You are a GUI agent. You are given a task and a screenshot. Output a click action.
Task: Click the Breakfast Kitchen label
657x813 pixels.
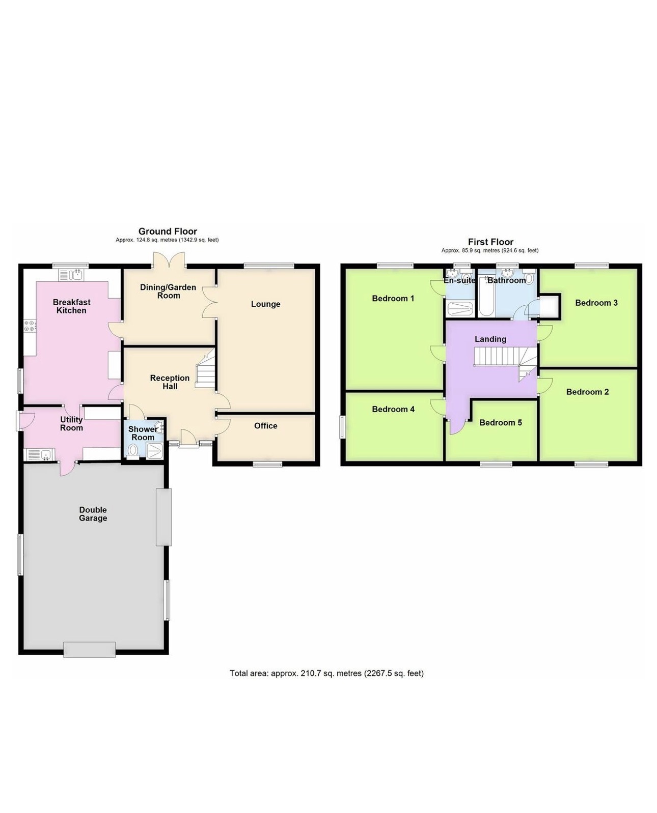(x=71, y=306)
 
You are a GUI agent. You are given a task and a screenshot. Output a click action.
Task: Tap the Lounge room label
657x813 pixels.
(x=265, y=304)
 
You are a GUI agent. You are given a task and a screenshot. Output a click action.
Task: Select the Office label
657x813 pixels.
(x=265, y=426)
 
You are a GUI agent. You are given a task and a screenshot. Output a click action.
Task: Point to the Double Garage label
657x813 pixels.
(x=93, y=514)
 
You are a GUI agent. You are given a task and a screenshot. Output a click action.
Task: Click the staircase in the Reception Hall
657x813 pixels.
(x=206, y=371)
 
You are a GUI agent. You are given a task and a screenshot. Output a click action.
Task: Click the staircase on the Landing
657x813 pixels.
(x=497, y=357)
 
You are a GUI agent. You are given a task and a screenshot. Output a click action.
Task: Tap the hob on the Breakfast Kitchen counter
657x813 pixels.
(x=29, y=326)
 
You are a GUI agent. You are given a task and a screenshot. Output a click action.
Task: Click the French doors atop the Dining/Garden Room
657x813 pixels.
(x=170, y=260)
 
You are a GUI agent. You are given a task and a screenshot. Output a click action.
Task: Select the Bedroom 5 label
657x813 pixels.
(x=500, y=422)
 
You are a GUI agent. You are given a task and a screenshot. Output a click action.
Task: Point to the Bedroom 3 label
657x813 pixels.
(x=596, y=303)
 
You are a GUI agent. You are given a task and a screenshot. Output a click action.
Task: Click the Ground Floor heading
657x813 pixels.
(x=168, y=231)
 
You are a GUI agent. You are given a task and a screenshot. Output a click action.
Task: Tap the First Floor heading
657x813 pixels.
(x=490, y=242)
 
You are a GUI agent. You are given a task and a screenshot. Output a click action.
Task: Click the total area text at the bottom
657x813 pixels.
(x=326, y=673)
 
